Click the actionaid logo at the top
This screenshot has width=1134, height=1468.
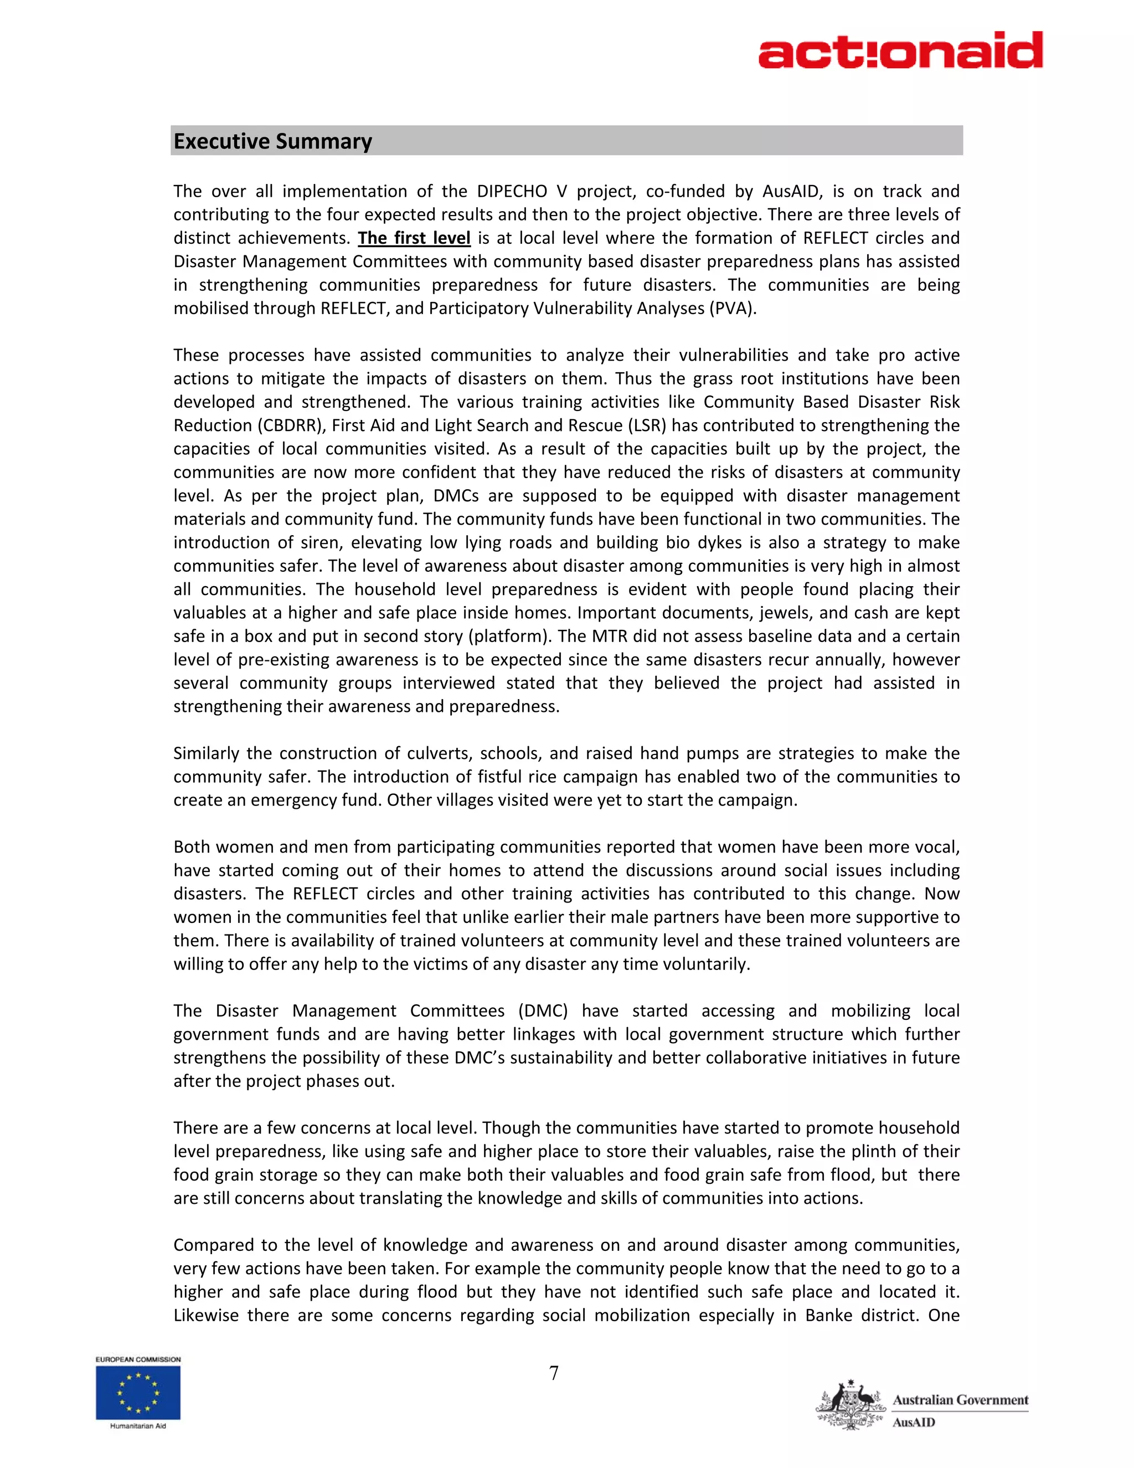pyautogui.click(x=900, y=50)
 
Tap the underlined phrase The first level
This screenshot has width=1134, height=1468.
pyautogui.click(x=414, y=238)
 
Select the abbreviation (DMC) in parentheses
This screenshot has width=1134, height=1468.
pyautogui.click(x=543, y=1011)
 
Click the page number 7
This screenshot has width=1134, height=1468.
pyautogui.click(x=554, y=1373)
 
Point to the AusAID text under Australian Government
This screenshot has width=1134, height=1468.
pyautogui.click(x=914, y=1421)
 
